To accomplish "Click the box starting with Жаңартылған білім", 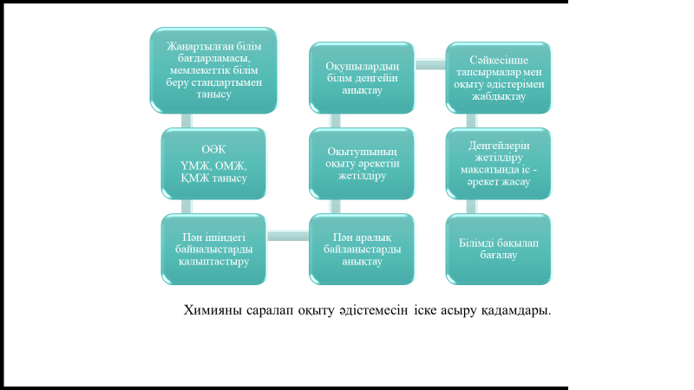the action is pyautogui.click(x=213, y=70).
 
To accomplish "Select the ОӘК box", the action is pyautogui.click(x=213, y=164).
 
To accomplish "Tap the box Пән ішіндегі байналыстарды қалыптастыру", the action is pyautogui.click(x=213, y=250).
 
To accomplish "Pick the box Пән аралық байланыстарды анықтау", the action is pyautogui.click(x=362, y=250).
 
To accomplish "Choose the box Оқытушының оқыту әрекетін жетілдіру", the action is pyautogui.click(x=362, y=164).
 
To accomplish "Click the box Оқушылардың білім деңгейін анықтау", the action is pyautogui.click(x=362, y=78).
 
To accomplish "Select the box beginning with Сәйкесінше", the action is pyautogui.click(x=498, y=78).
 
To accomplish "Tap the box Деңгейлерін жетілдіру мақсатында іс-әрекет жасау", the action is pyautogui.click(x=498, y=164).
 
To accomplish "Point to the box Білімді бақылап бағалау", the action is pyautogui.click(x=498, y=250).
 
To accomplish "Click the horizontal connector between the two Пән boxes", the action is pyautogui.click(x=288, y=236).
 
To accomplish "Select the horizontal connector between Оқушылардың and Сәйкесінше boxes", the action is pyautogui.click(x=430, y=64).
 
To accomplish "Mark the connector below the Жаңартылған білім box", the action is pyautogui.click(x=187, y=120).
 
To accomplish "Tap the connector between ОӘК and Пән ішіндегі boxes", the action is pyautogui.click(x=187, y=206).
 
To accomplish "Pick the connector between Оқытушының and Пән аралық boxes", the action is pyautogui.click(x=335, y=206).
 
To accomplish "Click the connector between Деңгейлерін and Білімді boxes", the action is pyautogui.click(x=471, y=206).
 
